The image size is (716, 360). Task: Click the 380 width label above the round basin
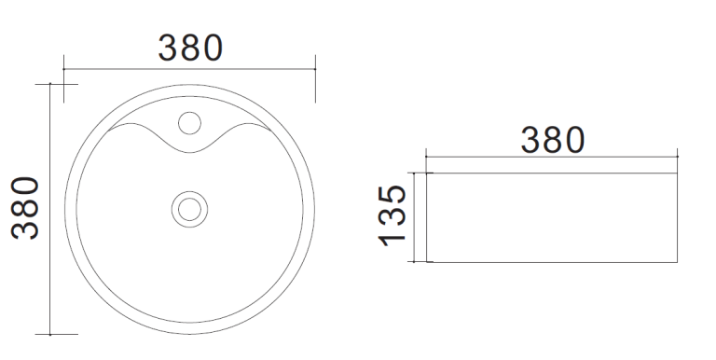[190, 48]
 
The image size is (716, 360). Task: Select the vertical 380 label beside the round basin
[25, 208]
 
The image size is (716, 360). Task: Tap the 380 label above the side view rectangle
[553, 140]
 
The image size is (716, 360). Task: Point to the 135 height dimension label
[392, 215]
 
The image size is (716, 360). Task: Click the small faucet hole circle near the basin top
[189, 123]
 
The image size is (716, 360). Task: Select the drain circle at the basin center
[189, 209]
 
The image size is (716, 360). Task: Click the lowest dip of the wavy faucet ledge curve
[190, 152]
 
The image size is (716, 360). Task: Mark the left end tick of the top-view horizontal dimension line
[63, 69]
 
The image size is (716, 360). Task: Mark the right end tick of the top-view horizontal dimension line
[315, 69]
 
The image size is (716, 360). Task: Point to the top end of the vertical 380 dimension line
[49, 84]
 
